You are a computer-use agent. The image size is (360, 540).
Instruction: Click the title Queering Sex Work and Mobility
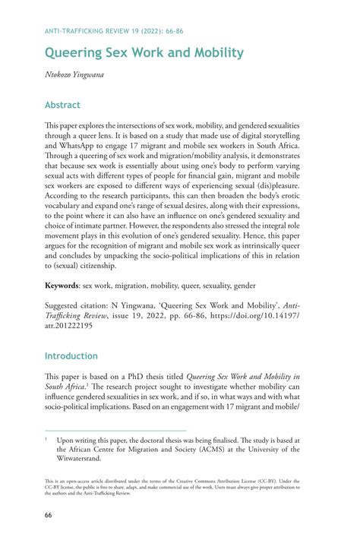[x=144, y=53]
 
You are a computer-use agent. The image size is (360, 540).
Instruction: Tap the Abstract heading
[x=62, y=105]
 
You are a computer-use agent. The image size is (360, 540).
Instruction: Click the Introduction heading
[x=71, y=355]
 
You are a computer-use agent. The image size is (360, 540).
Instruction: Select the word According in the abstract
[x=66, y=195]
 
